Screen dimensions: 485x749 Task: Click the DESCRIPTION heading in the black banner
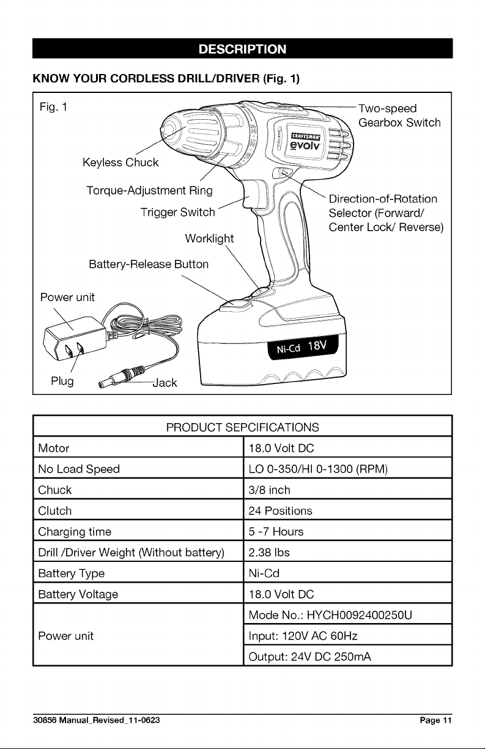(x=242, y=49)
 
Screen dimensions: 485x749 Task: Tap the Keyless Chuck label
(x=120, y=163)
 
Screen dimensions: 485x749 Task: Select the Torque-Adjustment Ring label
(x=149, y=191)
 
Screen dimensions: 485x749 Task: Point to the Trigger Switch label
(x=177, y=212)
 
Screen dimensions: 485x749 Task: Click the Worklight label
(x=209, y=238)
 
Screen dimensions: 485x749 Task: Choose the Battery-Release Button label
(x=149, y=265)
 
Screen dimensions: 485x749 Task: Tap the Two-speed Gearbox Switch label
(x=399, y=116)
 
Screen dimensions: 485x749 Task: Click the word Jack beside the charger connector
(x=165, y=383)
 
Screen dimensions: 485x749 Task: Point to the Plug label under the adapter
(x=62, y=381)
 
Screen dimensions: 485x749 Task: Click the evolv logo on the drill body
(x=305, y=146)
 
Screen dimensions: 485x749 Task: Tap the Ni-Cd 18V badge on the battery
(x=303, y=347)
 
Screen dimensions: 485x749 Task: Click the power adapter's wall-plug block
(x=74, y=338)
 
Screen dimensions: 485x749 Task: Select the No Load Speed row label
(x=79, y=469)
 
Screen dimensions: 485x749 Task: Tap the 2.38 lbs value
(x=269, y=552)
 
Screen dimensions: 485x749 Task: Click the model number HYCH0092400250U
(x=360, y=615)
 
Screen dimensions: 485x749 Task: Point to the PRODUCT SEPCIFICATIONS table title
(x=242, y=427)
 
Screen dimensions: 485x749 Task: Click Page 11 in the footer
(x=435, y=720)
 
